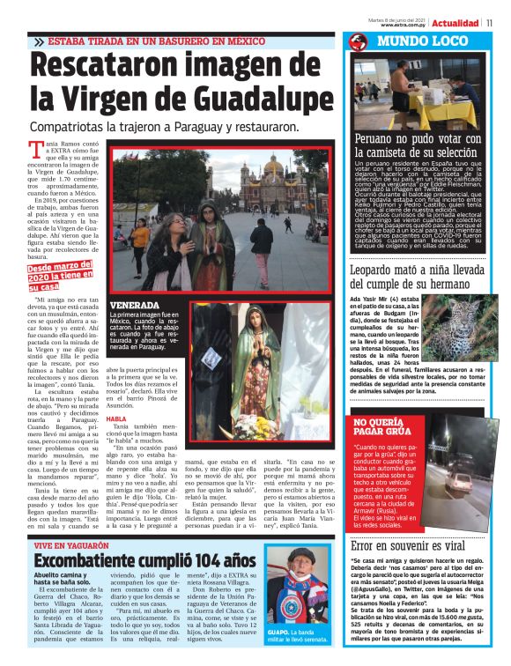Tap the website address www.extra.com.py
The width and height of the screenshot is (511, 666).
[404, 25]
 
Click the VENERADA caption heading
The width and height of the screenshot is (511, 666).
[134, 306]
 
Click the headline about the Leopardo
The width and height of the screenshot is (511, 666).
[418, 277]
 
